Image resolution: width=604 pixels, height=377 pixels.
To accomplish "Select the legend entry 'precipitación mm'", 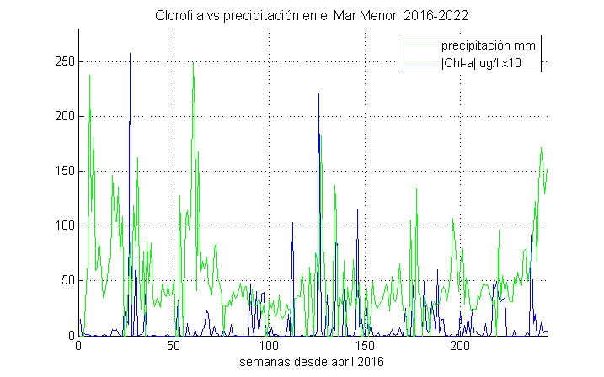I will tap(489, 45).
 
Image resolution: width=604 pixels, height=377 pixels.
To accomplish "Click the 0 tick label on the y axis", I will tap(70, 335).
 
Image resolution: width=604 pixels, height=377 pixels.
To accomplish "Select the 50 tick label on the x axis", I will tap(174, 347).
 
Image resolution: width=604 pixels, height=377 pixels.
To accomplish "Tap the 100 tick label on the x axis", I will tap(270, 347).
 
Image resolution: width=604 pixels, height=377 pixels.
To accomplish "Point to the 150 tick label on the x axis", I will tap(365, 347).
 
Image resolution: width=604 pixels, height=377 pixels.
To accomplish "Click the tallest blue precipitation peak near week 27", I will tap(130, 55).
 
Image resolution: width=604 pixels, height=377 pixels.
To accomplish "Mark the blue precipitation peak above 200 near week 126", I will tap(318, 94).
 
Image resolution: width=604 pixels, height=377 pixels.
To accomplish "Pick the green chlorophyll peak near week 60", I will tap(193, 63).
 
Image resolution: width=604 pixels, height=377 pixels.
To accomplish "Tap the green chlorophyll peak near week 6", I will tap(90, 77).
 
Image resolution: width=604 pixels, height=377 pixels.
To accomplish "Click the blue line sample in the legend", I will tap(420, 45).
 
